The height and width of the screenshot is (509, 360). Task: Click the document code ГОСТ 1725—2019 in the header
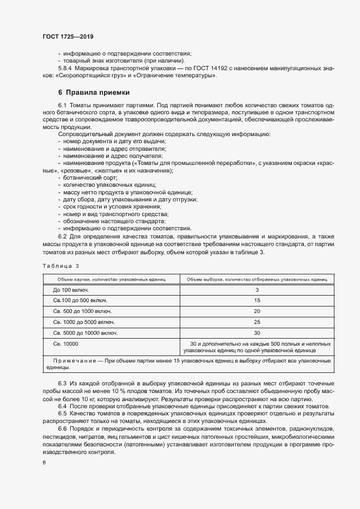tap(68, 36)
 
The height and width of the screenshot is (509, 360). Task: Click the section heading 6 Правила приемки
tap(94, 93)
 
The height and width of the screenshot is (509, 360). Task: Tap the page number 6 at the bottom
tap(44, 462)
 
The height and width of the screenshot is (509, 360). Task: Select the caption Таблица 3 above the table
tap(60, 266)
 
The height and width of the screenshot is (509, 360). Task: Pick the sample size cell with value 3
tap(257, 290)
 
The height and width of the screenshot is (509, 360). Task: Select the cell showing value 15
tap(257, 301)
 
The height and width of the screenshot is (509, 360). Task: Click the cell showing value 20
tap(257, 311)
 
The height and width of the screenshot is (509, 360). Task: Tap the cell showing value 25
tap(257, 322)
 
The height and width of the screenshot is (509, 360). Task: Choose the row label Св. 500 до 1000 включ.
tap(82, 311)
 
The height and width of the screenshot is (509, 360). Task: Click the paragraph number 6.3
tap(63, 385)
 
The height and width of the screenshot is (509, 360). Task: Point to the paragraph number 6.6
tap(63, 429)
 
